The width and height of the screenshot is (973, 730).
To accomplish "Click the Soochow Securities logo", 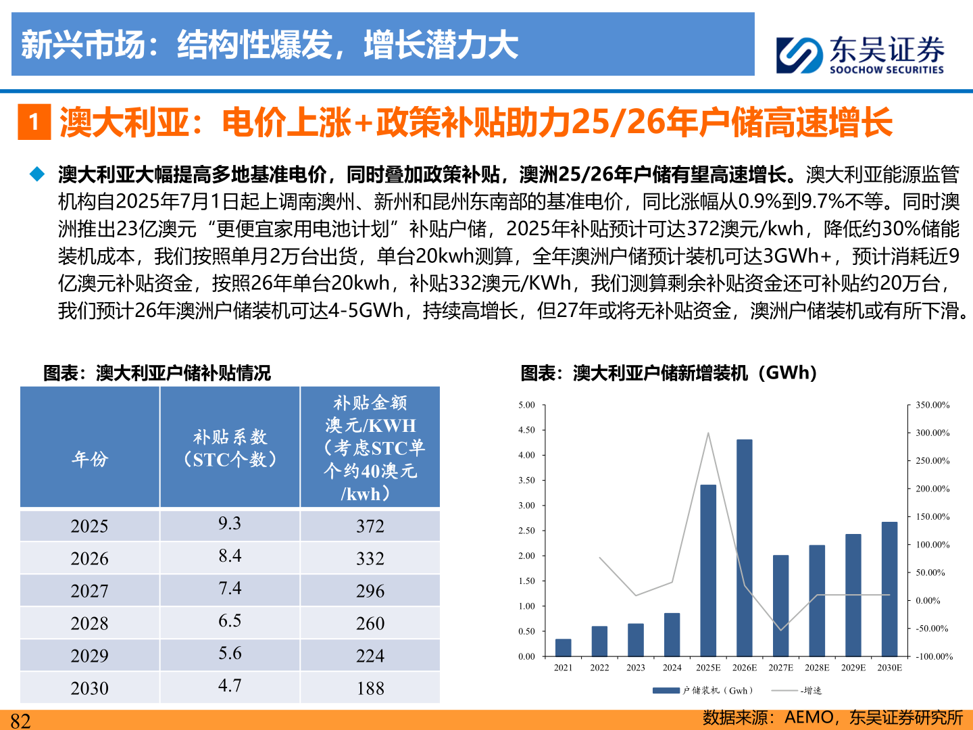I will pos(859,54).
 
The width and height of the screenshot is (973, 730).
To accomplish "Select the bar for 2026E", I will pos(744,547).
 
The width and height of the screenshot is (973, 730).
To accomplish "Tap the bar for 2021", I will pos(563,648).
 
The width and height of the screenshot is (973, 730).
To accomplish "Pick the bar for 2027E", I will pos(780,606).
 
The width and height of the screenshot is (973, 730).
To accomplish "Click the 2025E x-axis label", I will pos(708,668).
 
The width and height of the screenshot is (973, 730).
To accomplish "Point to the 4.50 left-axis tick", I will pos(526,430).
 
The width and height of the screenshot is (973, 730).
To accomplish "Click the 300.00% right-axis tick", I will pos(932,433).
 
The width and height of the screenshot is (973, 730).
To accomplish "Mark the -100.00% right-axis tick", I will pos(934,656).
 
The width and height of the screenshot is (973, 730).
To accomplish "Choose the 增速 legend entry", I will pos(797,690).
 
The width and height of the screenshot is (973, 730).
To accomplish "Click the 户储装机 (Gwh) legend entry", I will pos(703,690).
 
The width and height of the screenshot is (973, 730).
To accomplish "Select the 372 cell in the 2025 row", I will pos(370,526).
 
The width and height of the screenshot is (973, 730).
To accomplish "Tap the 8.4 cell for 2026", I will pos(230,556).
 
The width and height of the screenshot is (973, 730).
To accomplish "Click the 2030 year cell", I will pos(89,688).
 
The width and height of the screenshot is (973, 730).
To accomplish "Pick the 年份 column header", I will pos(89,460).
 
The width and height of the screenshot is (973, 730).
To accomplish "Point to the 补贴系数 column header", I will pos(230,448).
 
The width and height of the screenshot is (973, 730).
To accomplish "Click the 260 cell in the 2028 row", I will pos(370,623).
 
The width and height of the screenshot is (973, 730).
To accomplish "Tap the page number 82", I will pos(20,721).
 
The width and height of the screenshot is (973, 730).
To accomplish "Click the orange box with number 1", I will pos(34,122).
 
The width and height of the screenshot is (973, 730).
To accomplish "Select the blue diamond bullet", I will pos(37,174).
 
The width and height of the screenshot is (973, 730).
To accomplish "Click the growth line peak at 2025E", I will pos(708,433).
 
